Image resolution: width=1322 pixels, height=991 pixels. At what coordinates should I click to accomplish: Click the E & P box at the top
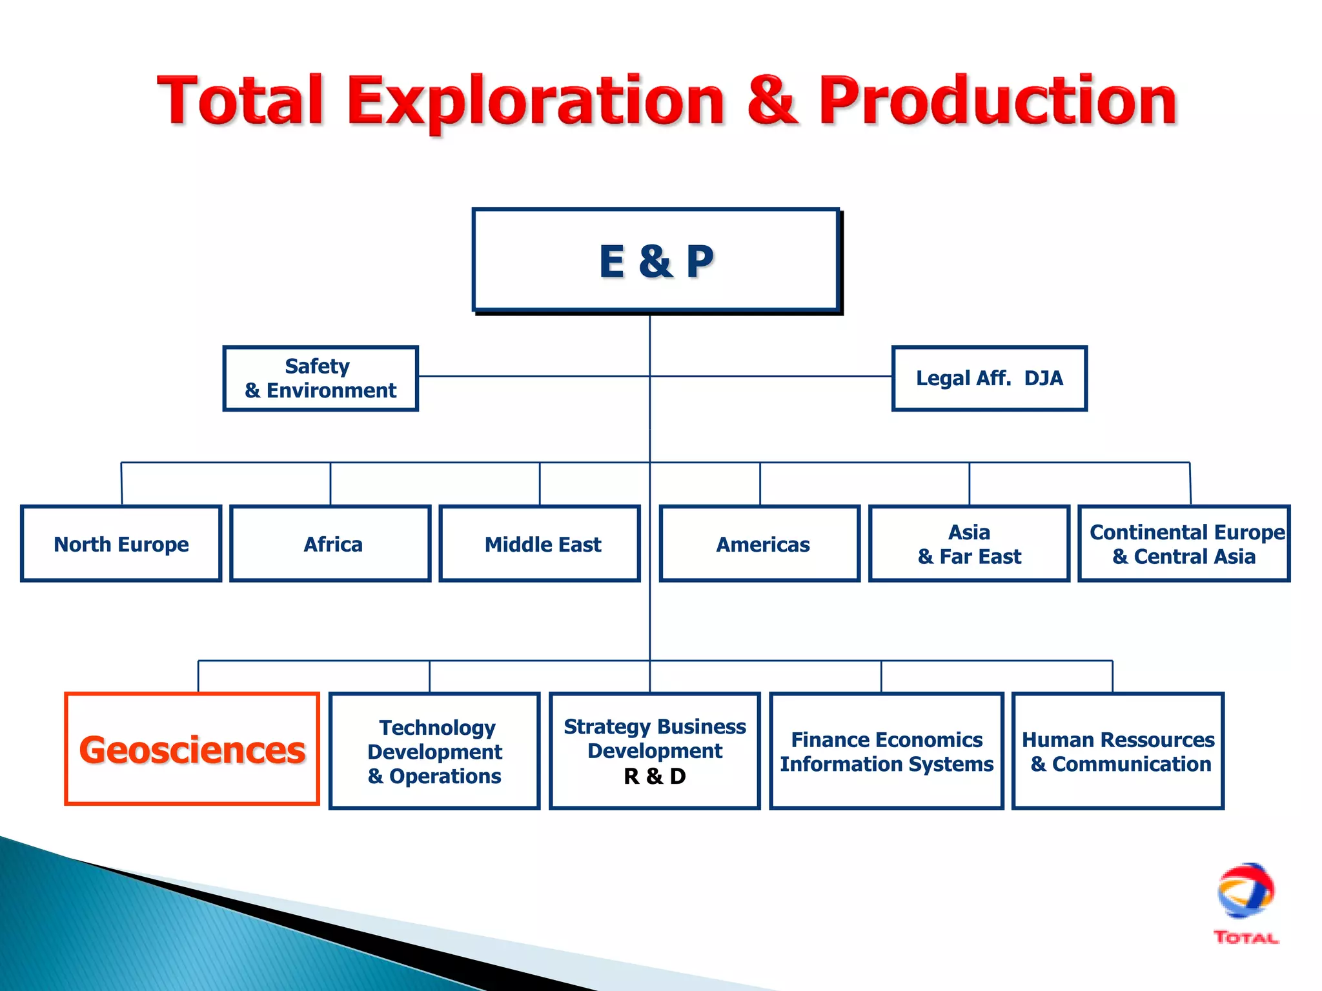tap(655, 261)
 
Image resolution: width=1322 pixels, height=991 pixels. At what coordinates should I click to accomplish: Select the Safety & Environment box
tap(320, 378)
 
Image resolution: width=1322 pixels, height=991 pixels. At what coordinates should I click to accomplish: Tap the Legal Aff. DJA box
tap(989, 378)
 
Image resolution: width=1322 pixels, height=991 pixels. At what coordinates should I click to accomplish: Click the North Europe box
tap(121, 544)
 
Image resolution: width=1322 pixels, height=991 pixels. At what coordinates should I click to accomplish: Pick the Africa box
tap(330, 544)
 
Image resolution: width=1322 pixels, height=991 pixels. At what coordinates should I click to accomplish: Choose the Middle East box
tap(540, 544)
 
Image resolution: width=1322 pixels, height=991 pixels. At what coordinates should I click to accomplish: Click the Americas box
tap(760, 544)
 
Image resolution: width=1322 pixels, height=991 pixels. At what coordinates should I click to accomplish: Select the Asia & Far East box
tap(969, 544)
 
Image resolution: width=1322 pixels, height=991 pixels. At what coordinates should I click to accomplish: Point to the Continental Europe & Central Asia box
tap(1184, 544)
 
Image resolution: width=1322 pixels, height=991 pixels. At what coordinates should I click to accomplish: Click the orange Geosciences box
tap(192, 749)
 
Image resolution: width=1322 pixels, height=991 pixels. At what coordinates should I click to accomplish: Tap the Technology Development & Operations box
tap(434, 751)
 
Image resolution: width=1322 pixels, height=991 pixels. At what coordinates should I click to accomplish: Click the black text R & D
tap(655, 776)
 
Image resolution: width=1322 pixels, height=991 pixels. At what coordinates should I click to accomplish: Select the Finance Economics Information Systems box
tap(886, 751)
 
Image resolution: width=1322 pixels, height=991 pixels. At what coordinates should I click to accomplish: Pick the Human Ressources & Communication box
tap(1118, 751)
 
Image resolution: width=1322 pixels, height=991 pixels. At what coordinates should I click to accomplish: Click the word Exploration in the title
tap(536, 102)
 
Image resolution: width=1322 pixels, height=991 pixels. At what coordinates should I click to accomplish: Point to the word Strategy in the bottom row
tap(607, 726)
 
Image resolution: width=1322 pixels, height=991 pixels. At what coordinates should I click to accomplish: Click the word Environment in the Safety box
tap(331, 390)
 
